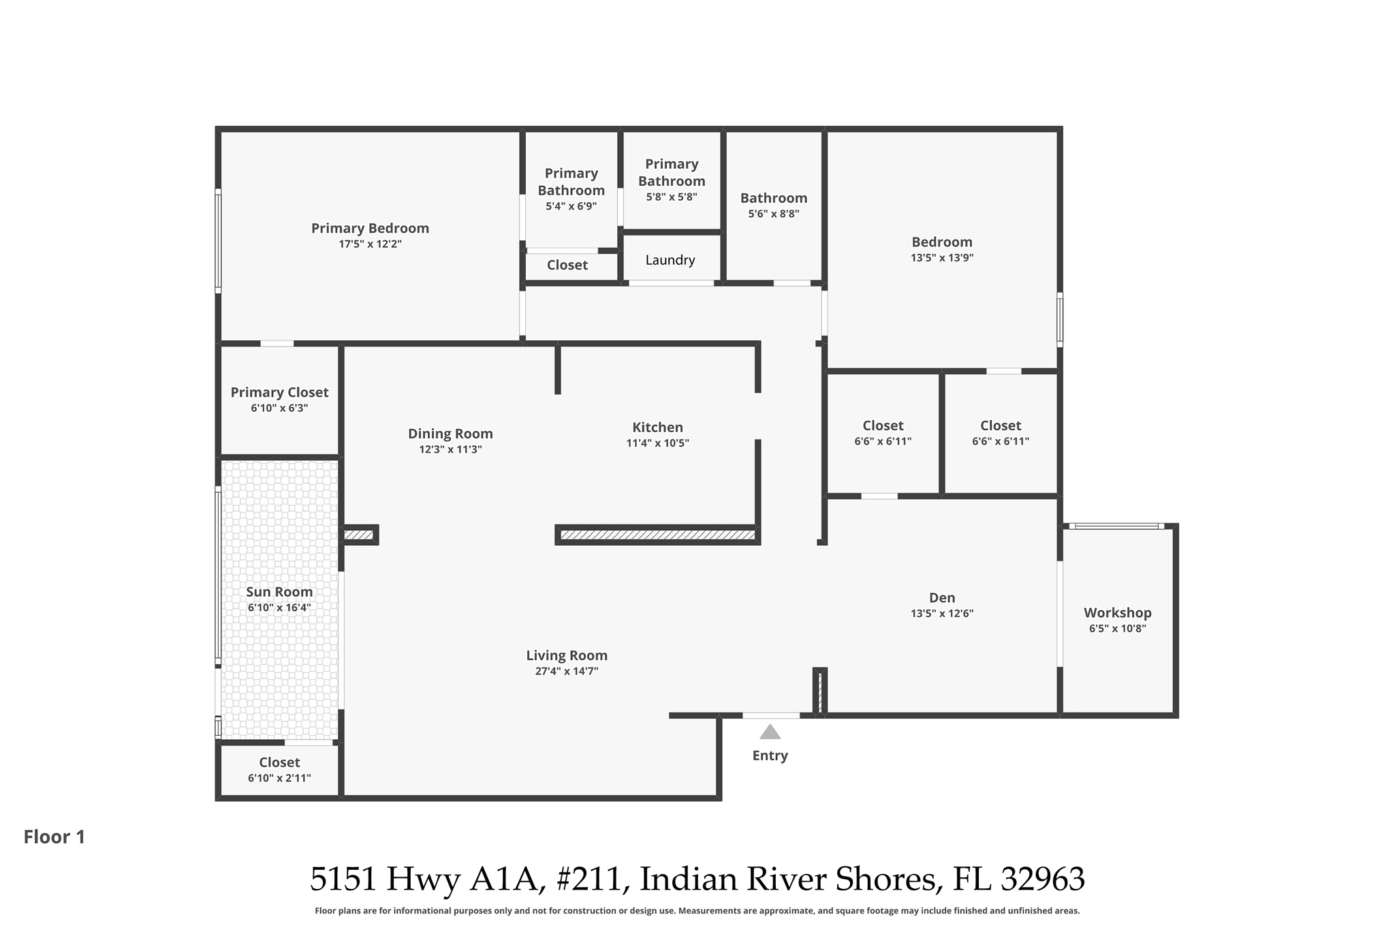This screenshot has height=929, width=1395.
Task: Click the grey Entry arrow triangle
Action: pyautogui.click(x=770, y=732)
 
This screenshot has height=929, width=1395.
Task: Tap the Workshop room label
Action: pyautogui.click(x=1117, y=613)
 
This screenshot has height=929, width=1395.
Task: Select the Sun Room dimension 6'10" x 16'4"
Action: pyautogui.click(x=279, y=608)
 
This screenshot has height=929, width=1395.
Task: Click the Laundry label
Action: pyautogui.click(x=670, y=260)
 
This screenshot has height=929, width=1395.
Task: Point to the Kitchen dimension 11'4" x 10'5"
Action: pyautogui.click(x=657, y=443)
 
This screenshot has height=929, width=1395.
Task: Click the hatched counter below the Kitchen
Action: pyautogui.click(x=657, y=535)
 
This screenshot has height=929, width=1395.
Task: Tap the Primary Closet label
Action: pyautogui.click(x=279, y=392)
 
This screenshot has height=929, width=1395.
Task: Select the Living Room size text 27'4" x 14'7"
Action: pyautogui.click(x=567, y=671)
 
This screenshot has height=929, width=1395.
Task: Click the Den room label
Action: pyautogui.click(x=942, y=598)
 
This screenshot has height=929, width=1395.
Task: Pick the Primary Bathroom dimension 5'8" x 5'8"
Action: pyautogui.click(x=672, y=197)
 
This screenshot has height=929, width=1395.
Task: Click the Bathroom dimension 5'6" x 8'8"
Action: pyautogui.click(x=774, y=214)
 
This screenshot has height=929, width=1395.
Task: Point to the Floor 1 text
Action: pyautogui.click(x=54, y=837)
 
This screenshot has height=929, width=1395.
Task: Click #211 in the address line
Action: pyautogui.click(x=589, y=879)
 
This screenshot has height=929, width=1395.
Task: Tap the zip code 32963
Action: pyautogui.click(x=1042, y=879)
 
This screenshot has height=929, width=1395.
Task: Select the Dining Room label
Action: pyautogui.click(x=450, y=434)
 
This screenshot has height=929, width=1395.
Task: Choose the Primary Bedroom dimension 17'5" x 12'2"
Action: pyautogui.click(x=370, y=244)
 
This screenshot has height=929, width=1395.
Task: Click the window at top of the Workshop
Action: pyautogui.click(x=1116, y=526)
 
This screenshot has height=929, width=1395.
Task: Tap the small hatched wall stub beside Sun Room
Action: pyautogui.click(x=359, y=535)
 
